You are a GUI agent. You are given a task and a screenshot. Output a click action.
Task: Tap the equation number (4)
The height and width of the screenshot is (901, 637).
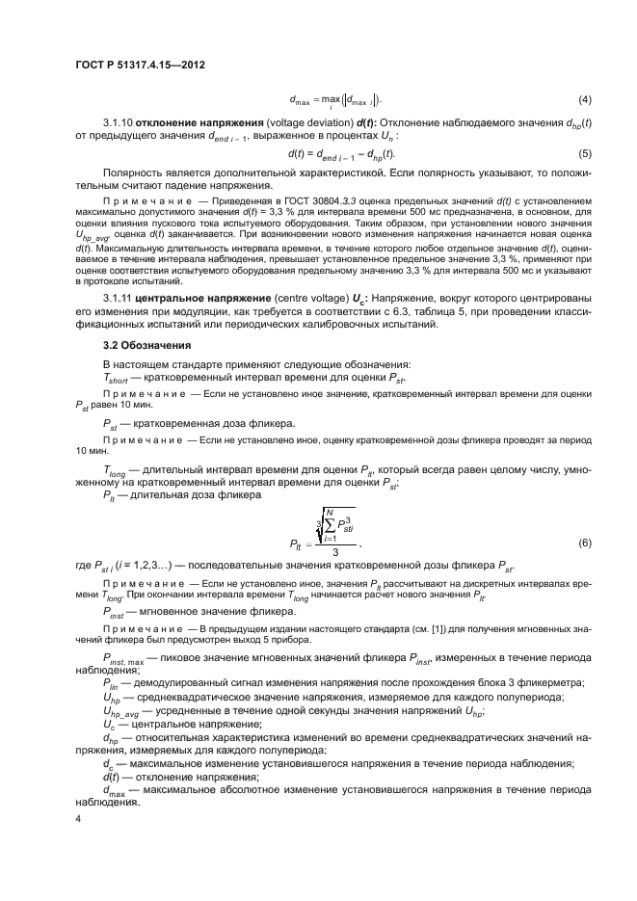click(x=583, y=100)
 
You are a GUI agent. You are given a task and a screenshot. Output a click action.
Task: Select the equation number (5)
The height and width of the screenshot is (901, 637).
click(x=583, y=153)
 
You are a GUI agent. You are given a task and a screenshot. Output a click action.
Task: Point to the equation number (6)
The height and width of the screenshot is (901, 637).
click(x=583, y=543)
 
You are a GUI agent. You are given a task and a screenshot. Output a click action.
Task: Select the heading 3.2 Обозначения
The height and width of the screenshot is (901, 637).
click(x=146, y=344)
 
